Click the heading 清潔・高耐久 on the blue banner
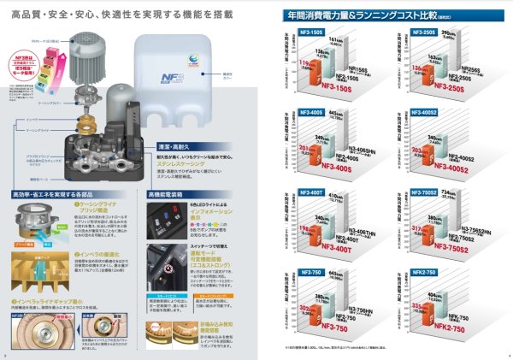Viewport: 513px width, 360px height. point(198,146)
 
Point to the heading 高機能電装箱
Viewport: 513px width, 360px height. point(175,195)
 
